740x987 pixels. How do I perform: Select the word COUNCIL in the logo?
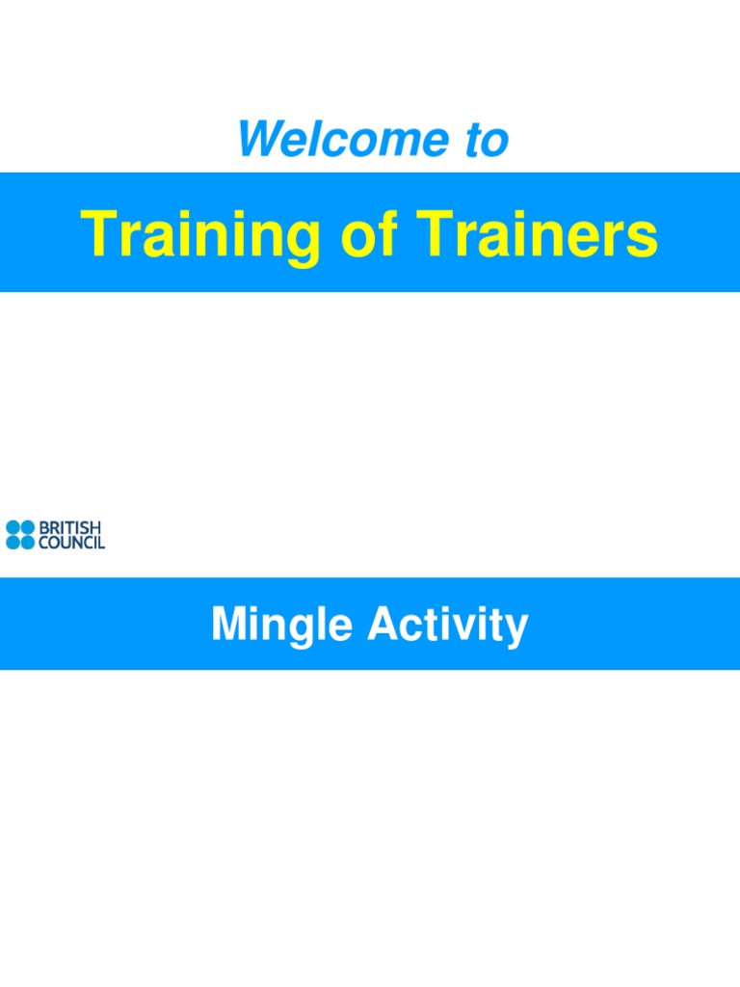tap(71, 543)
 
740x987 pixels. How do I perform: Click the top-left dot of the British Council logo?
tap(13, 527)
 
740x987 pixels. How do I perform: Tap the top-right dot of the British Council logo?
tap(28, 527)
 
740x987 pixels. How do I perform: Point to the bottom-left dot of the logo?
tap(13, 543)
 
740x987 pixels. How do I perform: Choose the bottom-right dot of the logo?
tap(28, 543)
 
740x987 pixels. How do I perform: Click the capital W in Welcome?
tap(260, 140)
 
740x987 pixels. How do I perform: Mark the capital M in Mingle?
tap(227, 625)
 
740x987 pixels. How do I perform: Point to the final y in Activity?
tap(518, 628)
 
